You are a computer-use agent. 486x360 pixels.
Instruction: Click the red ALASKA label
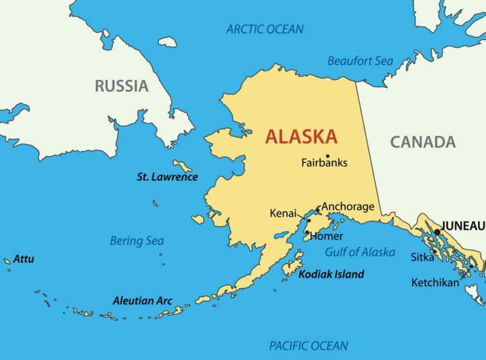(301, 137)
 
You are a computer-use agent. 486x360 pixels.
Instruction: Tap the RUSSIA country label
(122, 86)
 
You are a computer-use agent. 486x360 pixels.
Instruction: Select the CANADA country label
(423, 142)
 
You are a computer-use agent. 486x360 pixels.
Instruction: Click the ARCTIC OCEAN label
(265, 29)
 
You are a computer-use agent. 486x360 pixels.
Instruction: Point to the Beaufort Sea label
(360, 61)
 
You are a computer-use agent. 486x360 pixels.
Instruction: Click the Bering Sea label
(137, 241)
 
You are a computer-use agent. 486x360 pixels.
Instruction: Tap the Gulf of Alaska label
(360, 252)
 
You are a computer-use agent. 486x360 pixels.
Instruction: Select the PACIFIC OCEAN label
(308, 345)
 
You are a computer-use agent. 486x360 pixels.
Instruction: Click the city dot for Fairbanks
(327, 156)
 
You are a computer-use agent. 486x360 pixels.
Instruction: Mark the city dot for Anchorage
(318, 209)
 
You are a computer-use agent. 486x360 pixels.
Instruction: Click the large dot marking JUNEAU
(437, 232)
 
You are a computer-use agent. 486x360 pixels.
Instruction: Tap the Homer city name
(326, 236)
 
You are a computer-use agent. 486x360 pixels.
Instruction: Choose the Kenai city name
(283, 214)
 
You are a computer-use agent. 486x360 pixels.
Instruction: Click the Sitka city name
(422, 257)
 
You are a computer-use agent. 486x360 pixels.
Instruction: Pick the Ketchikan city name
(435, 282)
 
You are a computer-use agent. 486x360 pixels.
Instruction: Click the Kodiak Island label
(331, 274)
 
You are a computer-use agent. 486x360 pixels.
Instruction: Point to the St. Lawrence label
(167, 177)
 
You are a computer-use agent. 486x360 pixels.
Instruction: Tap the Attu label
(24, 259)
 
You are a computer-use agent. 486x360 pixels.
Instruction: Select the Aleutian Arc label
(142, 301)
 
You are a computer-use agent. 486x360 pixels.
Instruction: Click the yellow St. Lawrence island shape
(182, 166)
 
